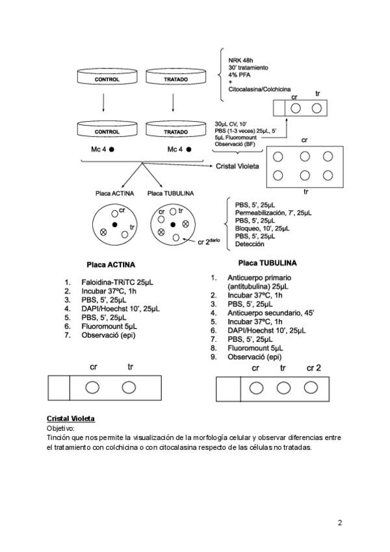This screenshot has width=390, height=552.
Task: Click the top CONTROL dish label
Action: pos(107,79)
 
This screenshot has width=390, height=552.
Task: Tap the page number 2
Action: pos(340,522)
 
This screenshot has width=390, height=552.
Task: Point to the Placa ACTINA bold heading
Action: pos(110,265)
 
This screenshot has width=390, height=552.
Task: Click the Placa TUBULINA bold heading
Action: pos(267,264)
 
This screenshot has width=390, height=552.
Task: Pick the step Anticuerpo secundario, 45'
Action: pos(270,312)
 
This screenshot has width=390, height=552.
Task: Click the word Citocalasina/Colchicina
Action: pos(259,89)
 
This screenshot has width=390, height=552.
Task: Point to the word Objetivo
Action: pos(60,428)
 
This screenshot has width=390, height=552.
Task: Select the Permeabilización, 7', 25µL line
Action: pos(273,213)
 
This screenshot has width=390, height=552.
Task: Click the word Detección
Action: pos(250,244)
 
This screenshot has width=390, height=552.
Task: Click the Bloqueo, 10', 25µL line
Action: pos(263,228)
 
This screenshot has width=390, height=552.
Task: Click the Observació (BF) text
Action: pos(235,145)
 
